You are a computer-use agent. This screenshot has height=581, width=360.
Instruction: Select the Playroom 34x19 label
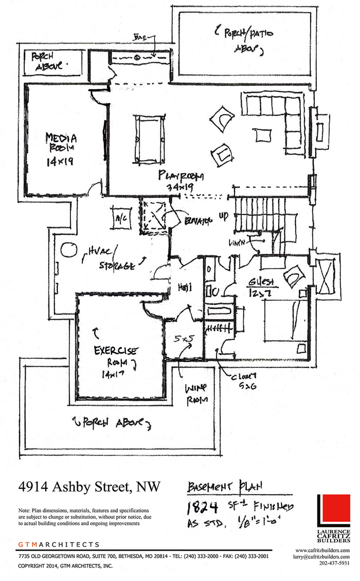click(x=181, y=181)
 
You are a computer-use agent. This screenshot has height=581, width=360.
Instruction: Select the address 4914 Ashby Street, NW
click(x=89, y=486)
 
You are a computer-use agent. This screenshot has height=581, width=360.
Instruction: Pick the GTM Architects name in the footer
click(x=59, y=544)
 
